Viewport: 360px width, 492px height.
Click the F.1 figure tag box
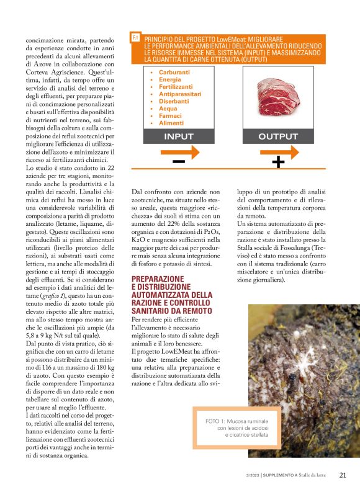point(135,38)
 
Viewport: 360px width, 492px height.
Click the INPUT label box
point(178,136)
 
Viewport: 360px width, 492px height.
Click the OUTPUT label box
point(277,136)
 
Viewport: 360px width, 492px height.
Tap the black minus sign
point(178,163)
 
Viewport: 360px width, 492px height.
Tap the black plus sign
point(278,163)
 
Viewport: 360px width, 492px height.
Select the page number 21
point(343,475)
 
